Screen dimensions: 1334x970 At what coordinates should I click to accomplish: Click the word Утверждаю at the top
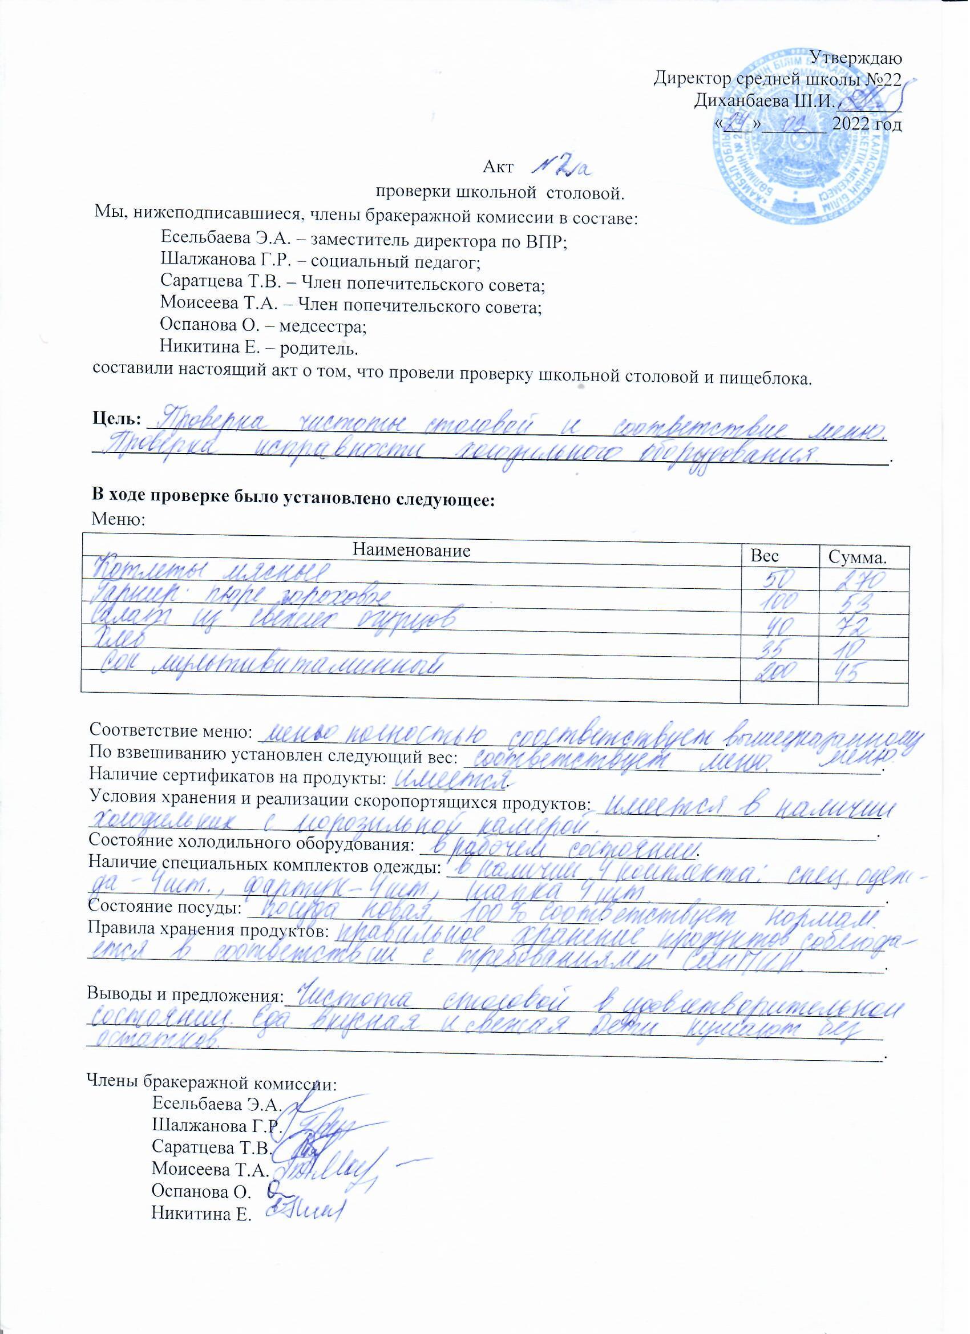point(856,58)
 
